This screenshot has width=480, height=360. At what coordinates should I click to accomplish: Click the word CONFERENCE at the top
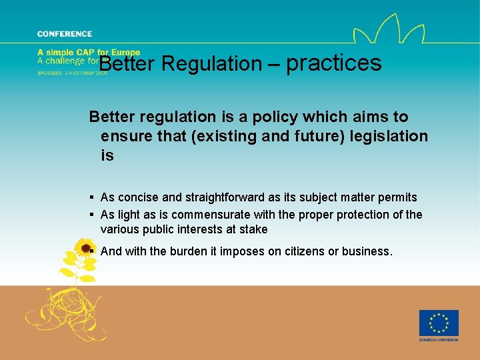tap(65, 34)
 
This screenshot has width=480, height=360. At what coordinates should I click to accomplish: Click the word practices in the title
tap(334, 63)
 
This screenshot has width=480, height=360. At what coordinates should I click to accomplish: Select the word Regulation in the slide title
tap(212, 64)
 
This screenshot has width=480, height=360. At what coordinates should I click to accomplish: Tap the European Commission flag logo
tap(438, 323)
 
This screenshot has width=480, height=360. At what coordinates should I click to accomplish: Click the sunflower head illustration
tap(85, 249)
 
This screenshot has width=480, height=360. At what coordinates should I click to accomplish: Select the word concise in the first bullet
tap(134, 197)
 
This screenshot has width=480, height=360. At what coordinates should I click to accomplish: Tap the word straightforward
tap(209, 197)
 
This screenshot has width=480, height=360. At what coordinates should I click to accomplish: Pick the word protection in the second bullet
tap(355, 215)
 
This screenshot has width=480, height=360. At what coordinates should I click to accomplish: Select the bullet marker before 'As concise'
tap(91, 197)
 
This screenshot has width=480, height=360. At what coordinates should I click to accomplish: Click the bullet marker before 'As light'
tap(91, 215)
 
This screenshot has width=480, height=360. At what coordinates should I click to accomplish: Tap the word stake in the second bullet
tap(253, 229)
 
